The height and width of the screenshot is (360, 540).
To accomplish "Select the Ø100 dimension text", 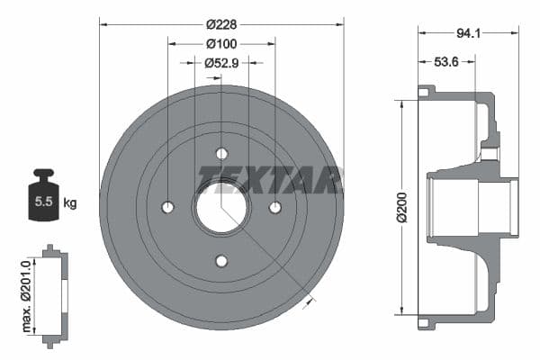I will [x=220, y=44].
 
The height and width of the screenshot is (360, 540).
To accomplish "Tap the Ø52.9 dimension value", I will [x=220, y=63].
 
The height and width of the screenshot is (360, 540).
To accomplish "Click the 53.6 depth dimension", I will [x=443, y=62].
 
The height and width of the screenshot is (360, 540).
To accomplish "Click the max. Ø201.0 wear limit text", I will [x=28, y=293].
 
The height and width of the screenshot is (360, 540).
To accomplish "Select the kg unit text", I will [x=70, y=202].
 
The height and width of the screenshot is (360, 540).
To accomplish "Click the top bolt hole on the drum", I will [x=221, y=153].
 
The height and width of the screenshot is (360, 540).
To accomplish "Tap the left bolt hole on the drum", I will [x=167, y=207].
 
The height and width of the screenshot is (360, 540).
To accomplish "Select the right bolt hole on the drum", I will [x=275, y=207].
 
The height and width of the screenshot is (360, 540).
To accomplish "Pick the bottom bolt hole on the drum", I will [x=221, y=261].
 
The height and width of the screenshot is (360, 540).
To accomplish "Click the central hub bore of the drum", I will [x=221, y=207].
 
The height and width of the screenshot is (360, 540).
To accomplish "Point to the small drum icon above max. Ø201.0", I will [x=55, y=293].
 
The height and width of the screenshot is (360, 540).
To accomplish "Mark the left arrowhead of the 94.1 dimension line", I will [x=421, y=34].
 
